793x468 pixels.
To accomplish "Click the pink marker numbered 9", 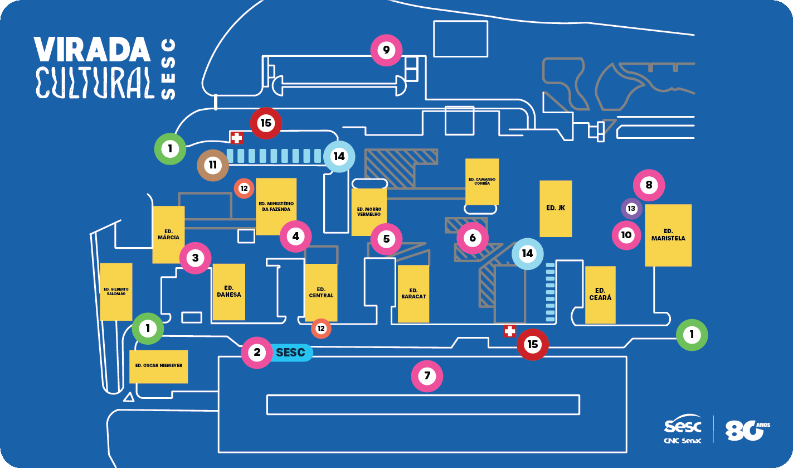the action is pyautogui.click(x=386, y=50).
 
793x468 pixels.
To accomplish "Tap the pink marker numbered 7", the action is pyautogui.click(x=427, y=376).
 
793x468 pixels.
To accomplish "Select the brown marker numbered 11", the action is pyautogui.click(x=213, y=165).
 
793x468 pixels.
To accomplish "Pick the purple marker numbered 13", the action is pyautogui.click(x=631, y=209).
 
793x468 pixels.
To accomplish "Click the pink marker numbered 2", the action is pyautogui.click(x=257, y=353).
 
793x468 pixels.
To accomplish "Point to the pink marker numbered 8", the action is pyautogui.click(x=649, y=185).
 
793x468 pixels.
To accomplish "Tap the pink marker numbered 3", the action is pyautogui.click(x=196, y=258).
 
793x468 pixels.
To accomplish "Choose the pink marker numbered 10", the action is pyautogui.click(x=626, y=235).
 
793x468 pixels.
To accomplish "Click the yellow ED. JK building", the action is pyautogui.click(x=556, y=208).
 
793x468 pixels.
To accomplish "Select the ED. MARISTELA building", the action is pyautogui.click(x=668, y=235).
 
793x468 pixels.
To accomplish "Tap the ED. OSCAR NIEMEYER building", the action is pyautogui.click(x=158, y=366).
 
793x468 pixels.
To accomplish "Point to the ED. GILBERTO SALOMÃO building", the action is pyautogui.click(x=116, y=292).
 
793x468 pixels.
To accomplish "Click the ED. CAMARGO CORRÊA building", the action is pyautogui.click(x=482, y=182).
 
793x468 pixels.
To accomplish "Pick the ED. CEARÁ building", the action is pyautogui.click(x=600, y=295).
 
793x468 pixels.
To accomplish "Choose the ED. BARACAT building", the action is pyautogui.click(x=413, y=294).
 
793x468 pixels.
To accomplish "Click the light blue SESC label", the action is pyautogui.click(x=291, y=353).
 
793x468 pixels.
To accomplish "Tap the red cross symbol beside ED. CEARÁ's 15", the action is pyautogui.click(x=510, y=331).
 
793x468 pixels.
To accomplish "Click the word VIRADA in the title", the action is pyautogui.click(x=92, y=49).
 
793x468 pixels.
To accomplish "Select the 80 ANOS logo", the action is pyautogui.click(x=747, y=430).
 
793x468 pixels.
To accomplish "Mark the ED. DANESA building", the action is pyautogui.click(x=228, y=292).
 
